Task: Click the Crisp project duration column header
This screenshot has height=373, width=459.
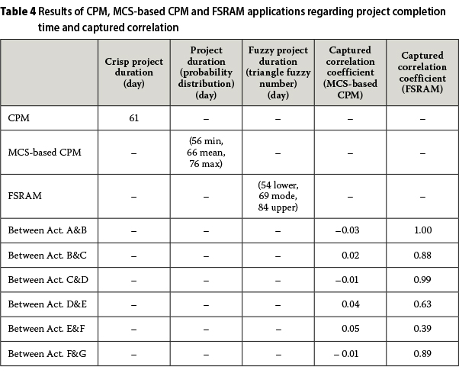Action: [133, 72]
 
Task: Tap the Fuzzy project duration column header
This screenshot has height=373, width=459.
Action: [277, 72]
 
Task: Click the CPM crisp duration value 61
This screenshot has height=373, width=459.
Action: [133, 118]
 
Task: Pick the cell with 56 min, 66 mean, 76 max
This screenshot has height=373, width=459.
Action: [205, 153]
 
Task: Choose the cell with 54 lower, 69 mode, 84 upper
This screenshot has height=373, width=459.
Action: [277, 195]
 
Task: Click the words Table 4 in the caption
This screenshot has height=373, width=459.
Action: [21, 11]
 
